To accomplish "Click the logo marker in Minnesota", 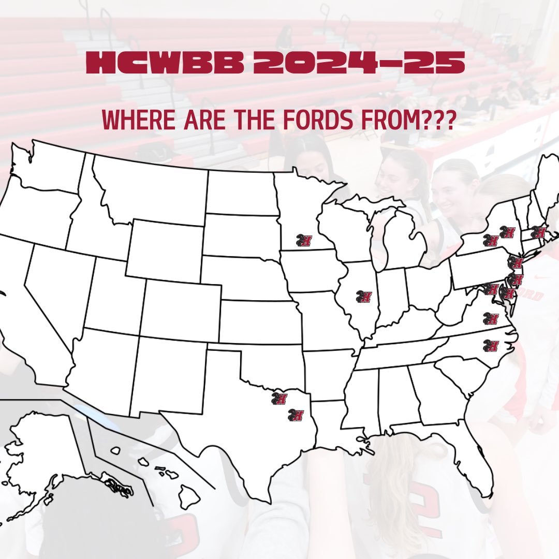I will [304, 240].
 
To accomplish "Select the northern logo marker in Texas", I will [279, 398].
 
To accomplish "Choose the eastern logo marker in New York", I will [508, 232].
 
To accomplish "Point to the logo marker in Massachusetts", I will [539, 233].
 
